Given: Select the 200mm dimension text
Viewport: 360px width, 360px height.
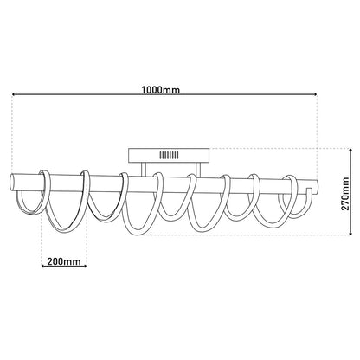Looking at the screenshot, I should [62, 259].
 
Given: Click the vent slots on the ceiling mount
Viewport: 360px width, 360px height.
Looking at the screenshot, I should [169, 157].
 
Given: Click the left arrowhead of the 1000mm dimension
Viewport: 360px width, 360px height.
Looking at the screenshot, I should [13, 97].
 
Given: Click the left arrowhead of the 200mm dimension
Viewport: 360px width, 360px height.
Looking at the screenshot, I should [43, 267].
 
